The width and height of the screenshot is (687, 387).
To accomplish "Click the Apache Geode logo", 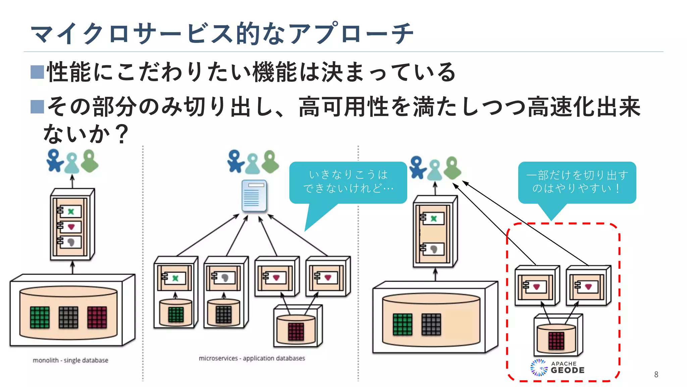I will (x=558, y=368).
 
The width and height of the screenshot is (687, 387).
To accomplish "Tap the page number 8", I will (x=656, y=374).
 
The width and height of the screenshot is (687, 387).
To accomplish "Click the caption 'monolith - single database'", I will (x=70, y=360).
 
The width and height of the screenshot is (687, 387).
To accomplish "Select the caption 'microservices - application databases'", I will (x=252, y=358).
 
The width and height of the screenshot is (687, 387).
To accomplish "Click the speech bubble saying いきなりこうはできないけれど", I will (x=348, y=182).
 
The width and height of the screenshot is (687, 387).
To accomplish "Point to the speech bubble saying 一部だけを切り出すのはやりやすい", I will (x=577, y=182).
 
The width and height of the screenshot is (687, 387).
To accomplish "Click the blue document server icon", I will (x=254, y=196).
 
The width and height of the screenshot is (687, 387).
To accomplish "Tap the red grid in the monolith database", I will (x=97, y=317).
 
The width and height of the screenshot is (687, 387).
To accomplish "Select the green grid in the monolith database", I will (x=40, y=317).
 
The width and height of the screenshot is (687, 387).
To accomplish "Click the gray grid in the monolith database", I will (x=68, y=317).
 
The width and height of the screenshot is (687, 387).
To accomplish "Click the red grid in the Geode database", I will (x=556, y=341).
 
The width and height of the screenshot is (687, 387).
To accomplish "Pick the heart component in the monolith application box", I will (x=71, y=227).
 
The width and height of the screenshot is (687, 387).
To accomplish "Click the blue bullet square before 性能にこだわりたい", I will (x=37, y=72).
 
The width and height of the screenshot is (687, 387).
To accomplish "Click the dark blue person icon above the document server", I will (x=235, y=161).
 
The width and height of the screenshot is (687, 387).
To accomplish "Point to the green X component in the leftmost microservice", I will (x=175, y=278).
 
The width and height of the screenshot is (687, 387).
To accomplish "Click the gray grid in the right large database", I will (x=431, y=325).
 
